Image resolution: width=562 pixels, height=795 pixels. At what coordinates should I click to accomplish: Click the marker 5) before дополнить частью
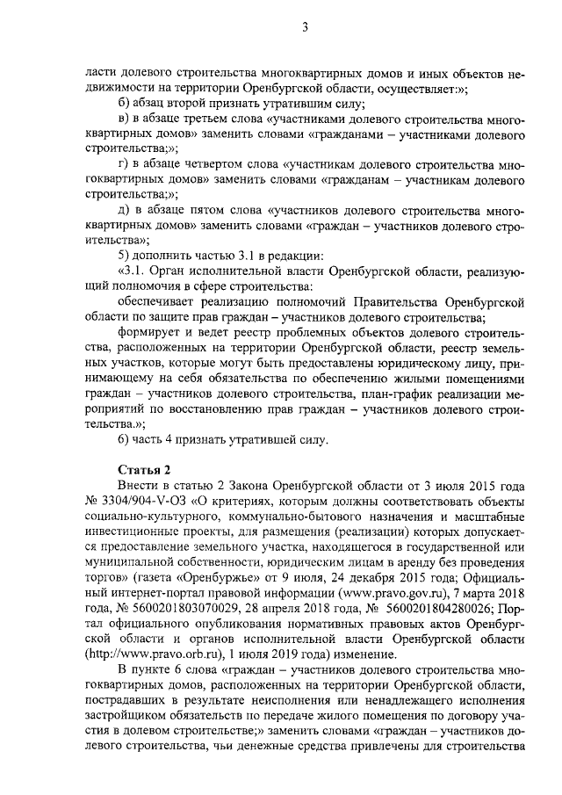[125, 256]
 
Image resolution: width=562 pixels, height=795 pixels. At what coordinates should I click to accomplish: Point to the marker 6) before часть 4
[125, 438]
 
